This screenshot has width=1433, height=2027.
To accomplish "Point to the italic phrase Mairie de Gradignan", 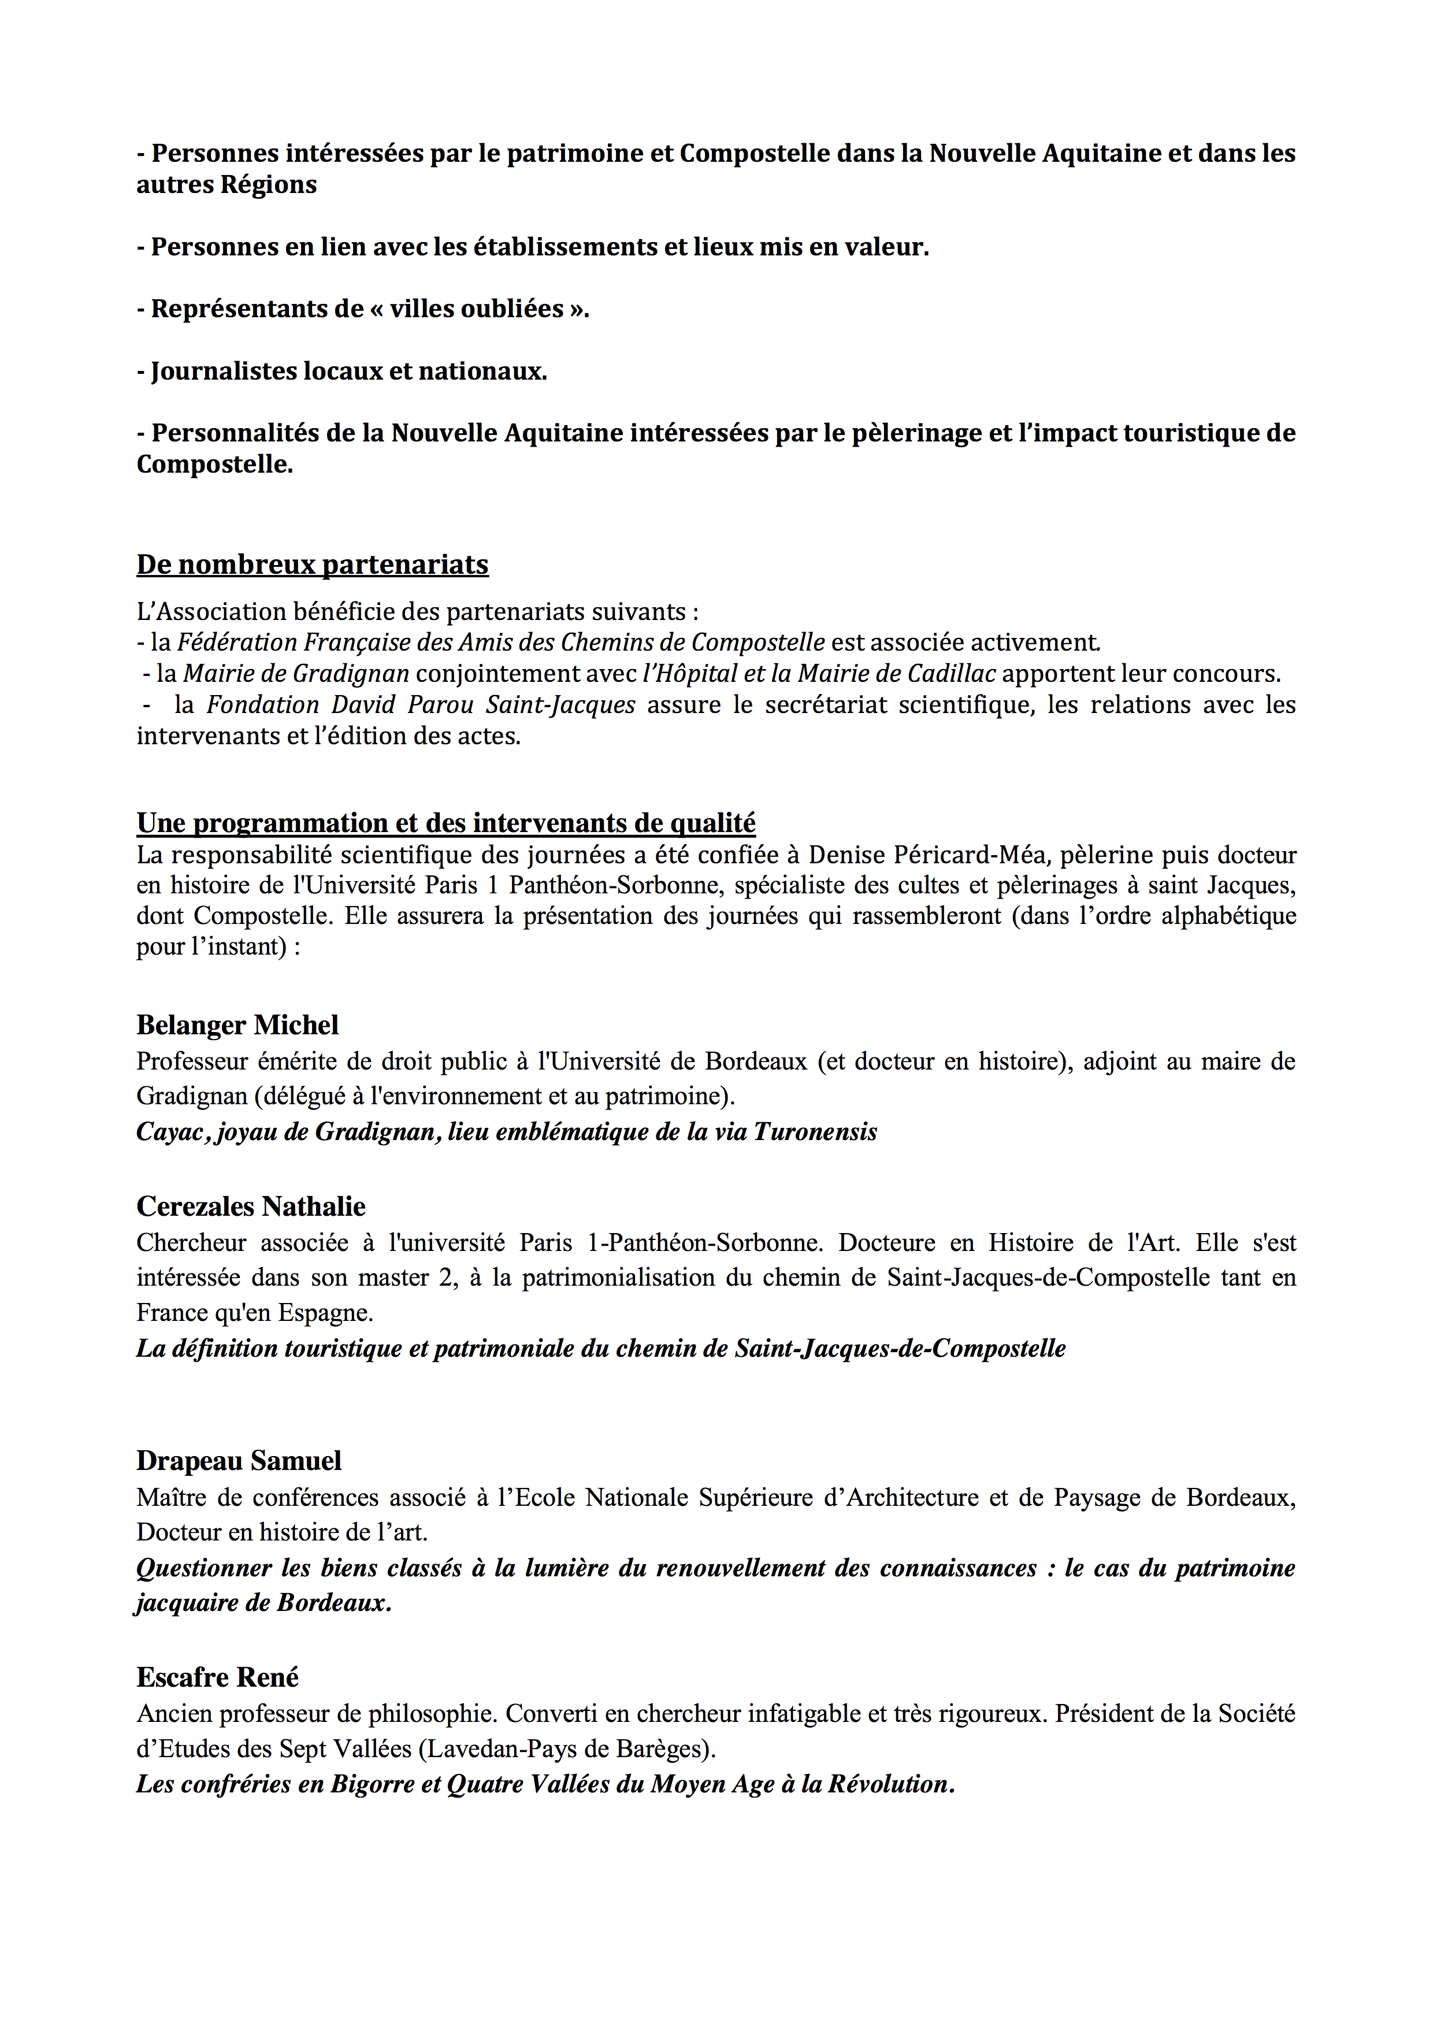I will coord(296,674).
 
